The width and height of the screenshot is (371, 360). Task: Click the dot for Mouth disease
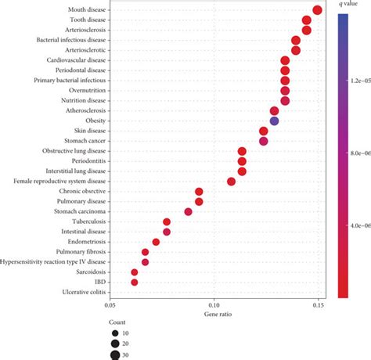coord(317,10)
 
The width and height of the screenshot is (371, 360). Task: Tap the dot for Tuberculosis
coord(167,222)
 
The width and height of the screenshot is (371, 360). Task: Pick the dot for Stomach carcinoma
coord(189,212)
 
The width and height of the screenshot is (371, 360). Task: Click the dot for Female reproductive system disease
coord(231,182)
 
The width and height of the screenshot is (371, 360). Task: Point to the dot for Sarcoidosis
coord(135,272)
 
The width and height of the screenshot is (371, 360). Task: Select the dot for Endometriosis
coord(156,242)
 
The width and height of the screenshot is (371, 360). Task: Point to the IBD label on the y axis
coord(101,283)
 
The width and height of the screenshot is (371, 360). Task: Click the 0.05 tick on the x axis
coord(110,306)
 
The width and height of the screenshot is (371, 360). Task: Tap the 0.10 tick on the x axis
coord(214,306)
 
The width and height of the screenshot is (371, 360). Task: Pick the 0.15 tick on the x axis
coord(318,306)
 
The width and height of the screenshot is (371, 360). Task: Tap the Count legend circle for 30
coord(116,355)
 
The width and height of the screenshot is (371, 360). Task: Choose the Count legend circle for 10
coord(116,333)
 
